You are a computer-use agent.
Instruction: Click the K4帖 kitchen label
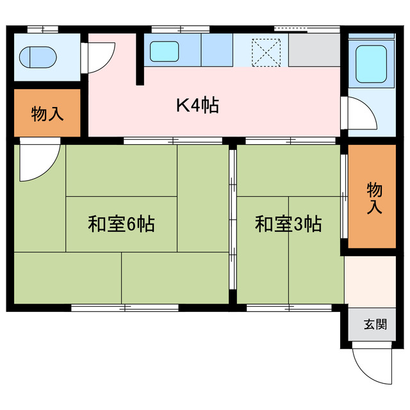tap(197, 104)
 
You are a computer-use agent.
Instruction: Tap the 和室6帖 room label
tap(121, 224)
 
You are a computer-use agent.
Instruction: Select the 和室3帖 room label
tap(288, 224)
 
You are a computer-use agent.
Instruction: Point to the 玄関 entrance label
tap(375, 324)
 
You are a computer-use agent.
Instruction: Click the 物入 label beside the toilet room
tap(47, 115)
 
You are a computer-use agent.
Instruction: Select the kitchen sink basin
tap(166, 50)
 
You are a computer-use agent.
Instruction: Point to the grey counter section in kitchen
tap(313, 50)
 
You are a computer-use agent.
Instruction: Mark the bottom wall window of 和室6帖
tap(124, 308)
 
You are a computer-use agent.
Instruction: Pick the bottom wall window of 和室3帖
tap(289, 308)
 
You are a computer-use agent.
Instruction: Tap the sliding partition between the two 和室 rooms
tap(233, 224)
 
